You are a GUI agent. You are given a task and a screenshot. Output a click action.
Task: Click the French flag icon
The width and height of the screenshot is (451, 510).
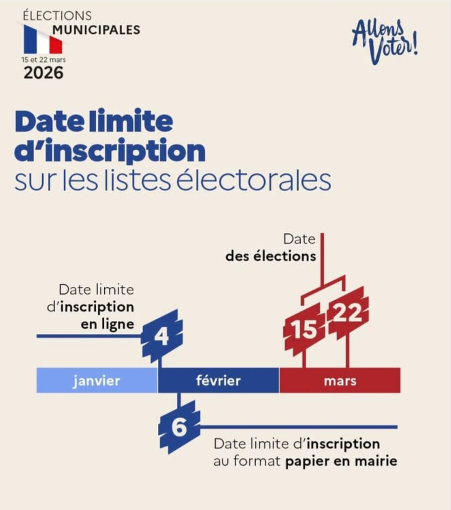click(x=43, y=40)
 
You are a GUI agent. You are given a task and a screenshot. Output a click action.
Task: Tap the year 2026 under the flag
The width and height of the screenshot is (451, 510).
click(x=44, y=73)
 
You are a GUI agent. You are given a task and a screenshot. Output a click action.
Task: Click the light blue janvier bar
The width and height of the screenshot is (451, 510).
click(x=97, y=381)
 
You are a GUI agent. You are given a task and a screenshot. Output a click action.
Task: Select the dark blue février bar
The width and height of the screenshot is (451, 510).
click(x=218, y=381)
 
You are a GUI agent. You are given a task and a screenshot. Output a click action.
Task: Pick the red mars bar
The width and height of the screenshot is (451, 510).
click(x=340, y=381)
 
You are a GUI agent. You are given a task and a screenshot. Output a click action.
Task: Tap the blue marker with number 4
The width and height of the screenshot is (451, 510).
click(x=161, y=336)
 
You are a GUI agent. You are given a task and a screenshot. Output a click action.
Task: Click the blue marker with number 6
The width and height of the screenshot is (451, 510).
click(x=179, y=428)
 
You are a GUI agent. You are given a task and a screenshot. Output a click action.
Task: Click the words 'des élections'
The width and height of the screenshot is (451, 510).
click(x=271, y=256)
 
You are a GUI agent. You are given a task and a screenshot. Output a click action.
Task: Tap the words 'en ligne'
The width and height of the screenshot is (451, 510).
click(x=107, y=324)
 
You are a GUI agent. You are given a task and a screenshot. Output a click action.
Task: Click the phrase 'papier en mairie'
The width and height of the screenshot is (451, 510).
click(x=341, y=461)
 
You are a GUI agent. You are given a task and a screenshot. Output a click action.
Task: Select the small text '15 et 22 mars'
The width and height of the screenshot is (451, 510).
click(x=43, y=59)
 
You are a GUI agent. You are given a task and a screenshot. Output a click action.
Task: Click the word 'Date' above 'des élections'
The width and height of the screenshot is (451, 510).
click(x=300, y=239)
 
